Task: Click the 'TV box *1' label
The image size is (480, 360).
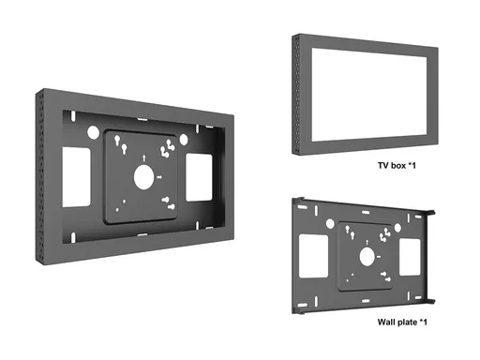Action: pos(397,165)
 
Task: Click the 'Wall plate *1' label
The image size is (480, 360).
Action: pos(402,322)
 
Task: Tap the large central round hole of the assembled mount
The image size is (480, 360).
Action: pos(144,177)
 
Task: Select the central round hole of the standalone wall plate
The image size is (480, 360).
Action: pos(367,257)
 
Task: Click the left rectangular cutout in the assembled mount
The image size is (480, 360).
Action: pos(77,177)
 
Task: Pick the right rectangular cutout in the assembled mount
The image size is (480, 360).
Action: pos(199,177)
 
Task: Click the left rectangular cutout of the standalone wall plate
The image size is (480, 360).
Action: pos(313,256)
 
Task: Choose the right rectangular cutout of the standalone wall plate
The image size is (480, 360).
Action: pos(410,257)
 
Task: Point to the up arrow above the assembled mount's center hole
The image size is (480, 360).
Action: pos(144,157)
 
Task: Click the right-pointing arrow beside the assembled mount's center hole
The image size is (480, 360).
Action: pos(159,177)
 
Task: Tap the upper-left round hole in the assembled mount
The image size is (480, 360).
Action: pos(93,132)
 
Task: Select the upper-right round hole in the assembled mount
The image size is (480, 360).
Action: pos(184,140)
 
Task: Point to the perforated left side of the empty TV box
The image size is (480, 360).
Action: pos(297,95)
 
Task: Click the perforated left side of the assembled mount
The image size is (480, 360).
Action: pos(40,176)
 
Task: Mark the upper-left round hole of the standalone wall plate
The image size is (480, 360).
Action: pos(330,224)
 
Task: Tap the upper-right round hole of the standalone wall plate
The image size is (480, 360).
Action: pos(397,228)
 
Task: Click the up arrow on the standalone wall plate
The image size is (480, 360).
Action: pos(367,242)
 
